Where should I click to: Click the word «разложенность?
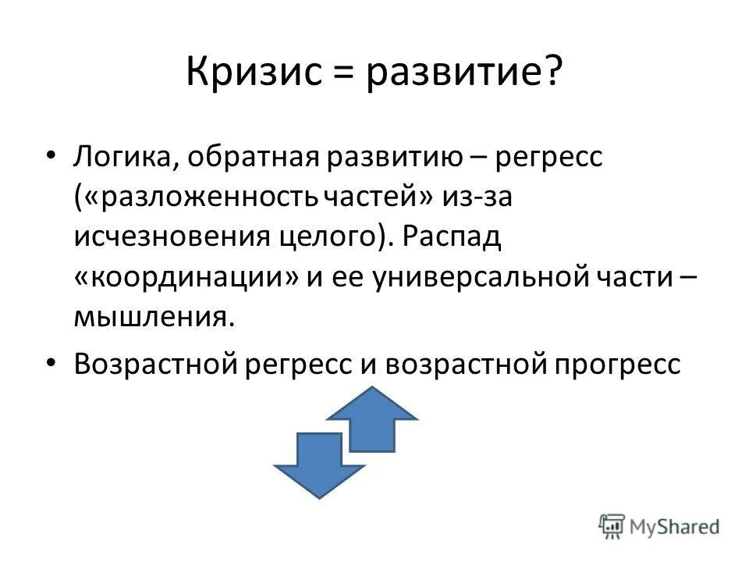pos(195,198)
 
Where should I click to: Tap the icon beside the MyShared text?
pos(612,525)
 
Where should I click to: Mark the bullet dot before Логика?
pos(51,158)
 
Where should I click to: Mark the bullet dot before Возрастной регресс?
pos(51,365)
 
